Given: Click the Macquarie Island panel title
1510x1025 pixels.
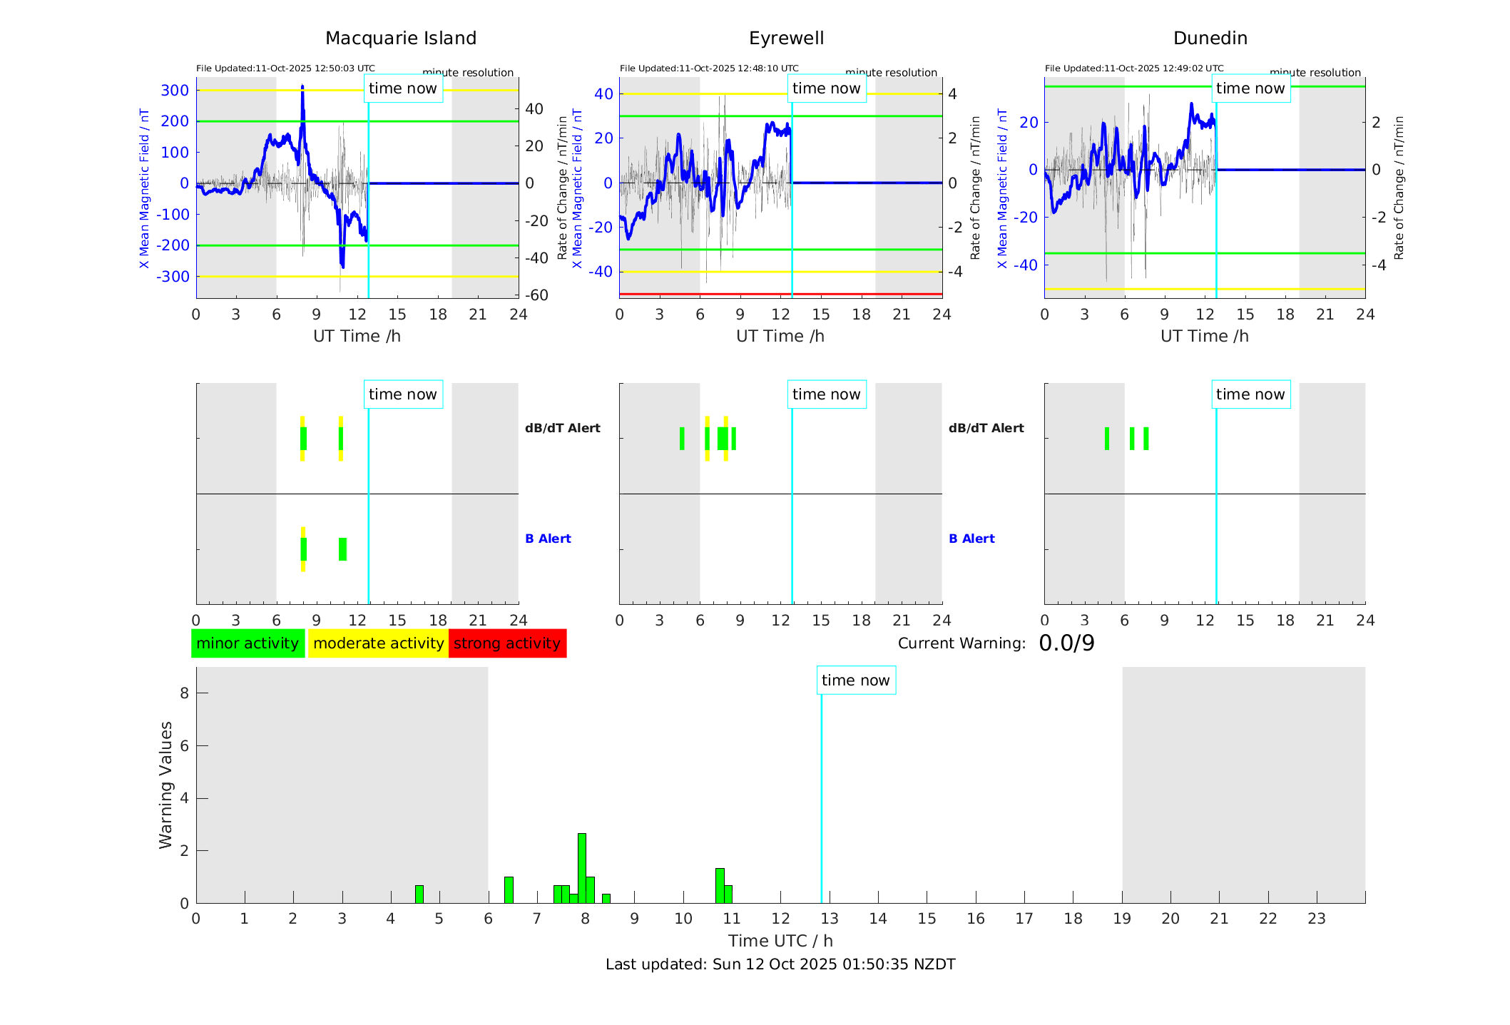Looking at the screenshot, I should pyautogui.click(x=401, y=39).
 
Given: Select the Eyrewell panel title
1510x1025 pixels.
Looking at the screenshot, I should pyautogui.click(x=786, y=39).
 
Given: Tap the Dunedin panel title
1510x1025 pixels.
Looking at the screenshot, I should pyautogui.click(x=1210, y=39).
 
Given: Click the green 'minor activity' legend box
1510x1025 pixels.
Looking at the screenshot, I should pyautogui.click(x=248, y=643).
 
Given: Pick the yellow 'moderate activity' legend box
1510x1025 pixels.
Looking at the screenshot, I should pyautogui.click(x=378, y=643).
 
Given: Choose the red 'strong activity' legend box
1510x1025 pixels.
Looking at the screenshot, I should pyautogui.click(x=507, y=643).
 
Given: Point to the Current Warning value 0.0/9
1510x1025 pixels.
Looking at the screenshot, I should pyautogui.click(x=1066, y=643).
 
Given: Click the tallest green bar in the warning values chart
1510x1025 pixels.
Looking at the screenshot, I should pyautogui.click(x=582, y=867).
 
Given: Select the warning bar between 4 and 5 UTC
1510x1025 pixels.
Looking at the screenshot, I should pyautogui.click(x=419, y=894).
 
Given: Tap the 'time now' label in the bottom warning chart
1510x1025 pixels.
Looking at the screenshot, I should pyautogui.click(x=855, y=680).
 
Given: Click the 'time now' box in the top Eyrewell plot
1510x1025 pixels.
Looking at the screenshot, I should pyautogui.click(x=826, y=88).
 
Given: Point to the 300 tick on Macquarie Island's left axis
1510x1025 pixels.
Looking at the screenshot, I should pyautogui.click(x=175, y=91).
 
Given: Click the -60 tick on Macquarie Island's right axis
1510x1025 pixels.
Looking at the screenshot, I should pyautogui.click(x=536, y=295).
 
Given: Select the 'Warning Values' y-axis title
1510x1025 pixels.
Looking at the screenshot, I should pyautogui.click(x=166, y=785).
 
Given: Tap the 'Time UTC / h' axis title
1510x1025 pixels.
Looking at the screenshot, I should pyautogui.click(x=780, y=941).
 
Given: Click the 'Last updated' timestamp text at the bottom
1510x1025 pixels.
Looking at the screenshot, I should pyautogui.click(x=780, y=964).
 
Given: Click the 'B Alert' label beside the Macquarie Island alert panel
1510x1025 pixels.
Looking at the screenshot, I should pyautogui.click(x=548, y=539).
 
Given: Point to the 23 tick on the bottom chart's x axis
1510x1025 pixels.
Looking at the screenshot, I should pyautogui.click(x=1316, y=919).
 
